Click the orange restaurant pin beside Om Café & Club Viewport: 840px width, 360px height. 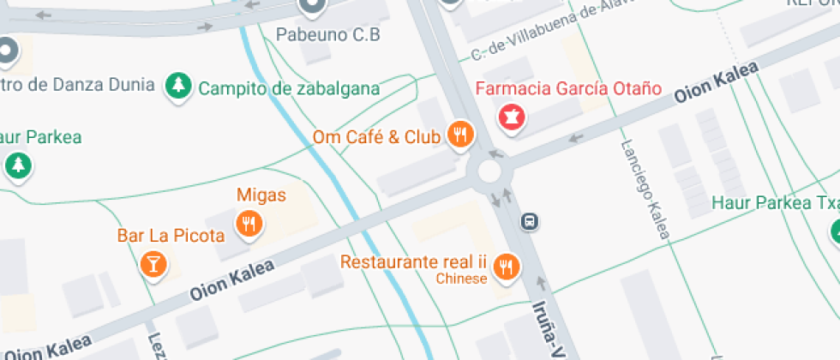460,134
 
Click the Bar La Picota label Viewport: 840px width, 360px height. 171,235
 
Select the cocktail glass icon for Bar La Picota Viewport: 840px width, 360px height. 153,263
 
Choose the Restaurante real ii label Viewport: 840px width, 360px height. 413,261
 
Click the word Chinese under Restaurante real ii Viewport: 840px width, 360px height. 461,279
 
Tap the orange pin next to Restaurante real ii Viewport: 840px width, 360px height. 507,267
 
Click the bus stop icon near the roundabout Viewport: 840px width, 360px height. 531,222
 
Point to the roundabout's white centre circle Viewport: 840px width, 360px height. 489,171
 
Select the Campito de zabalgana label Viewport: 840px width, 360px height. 289,88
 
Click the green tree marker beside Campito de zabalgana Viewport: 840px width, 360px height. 177,85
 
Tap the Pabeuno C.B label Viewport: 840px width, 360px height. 327,35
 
